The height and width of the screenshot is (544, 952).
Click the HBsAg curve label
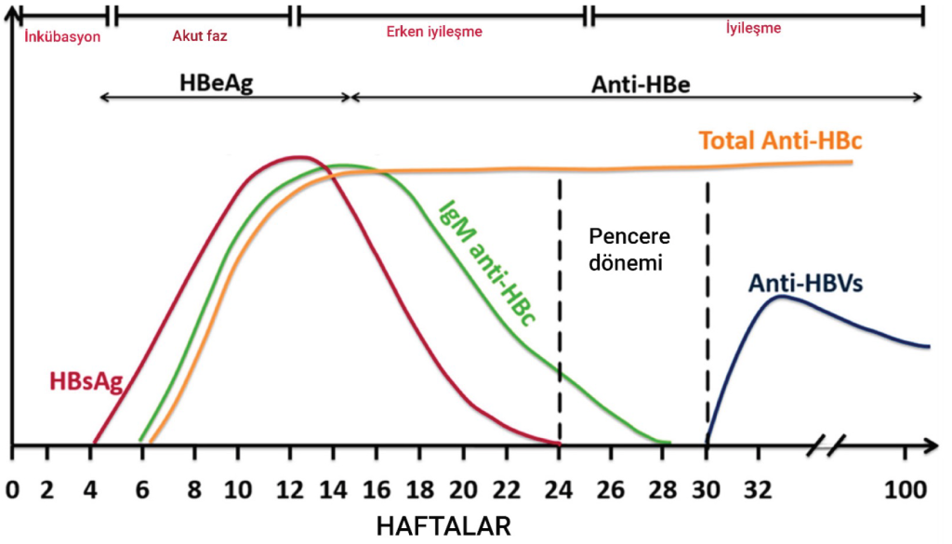pyautogui.click(x=86, y=381)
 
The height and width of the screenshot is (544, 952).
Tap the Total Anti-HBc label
pyautogui.click(x=781, y=140)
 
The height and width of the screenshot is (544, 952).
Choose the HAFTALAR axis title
pyautogui.click(x=443, y=526)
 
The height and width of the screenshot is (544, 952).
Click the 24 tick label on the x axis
pyautogui.click(x=560, y=488)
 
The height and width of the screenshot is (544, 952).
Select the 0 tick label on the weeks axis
pyautogui.click(x=11, y=488)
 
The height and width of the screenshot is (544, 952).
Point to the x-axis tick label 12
pyautogui.click(x=284, y=488)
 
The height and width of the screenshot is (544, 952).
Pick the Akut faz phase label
pyautogui.click(x=200, y=36)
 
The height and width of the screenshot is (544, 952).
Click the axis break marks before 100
pyautogui.click(x=825, y=444)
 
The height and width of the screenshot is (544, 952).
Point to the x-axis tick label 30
pyautogui.click(x=707, y=488)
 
